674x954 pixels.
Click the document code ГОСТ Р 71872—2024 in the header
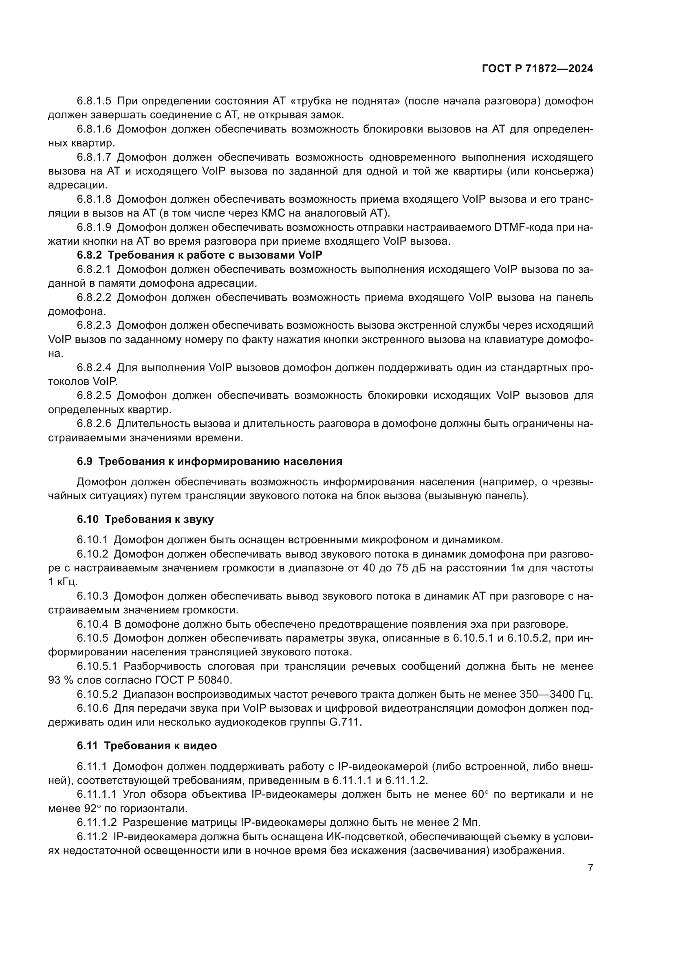537,69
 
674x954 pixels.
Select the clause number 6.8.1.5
94,101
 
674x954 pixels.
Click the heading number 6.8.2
89,255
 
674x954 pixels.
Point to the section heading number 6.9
84,461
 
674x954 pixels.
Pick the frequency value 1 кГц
63,582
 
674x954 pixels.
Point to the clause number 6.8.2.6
94,424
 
